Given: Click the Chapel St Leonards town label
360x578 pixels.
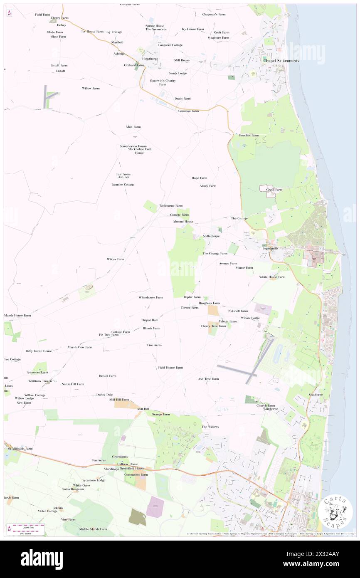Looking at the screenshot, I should (x=281, y=61).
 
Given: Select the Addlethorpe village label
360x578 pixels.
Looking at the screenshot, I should (x=211, y=236).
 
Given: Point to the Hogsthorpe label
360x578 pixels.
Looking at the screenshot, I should (x=150, y=59).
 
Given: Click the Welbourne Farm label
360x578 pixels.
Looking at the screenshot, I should (x=171, y=205).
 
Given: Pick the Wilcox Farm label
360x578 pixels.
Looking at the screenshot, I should (x=116, y=259).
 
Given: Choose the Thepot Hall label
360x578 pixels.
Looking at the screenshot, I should (x=149, y=320).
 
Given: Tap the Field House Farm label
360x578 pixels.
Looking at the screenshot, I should (x=170, y=368).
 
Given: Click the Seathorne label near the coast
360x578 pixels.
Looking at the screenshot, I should (x=316, y=394).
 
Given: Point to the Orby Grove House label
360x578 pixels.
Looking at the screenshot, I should (x=39, y=351).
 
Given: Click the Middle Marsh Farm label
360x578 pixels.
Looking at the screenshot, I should (x=93, y=529).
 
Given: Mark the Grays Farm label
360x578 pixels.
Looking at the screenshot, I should (x=274, y=190).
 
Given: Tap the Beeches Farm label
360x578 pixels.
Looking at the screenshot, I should (x=249, y=135).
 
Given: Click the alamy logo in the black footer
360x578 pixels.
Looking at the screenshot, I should (x=42, y=559).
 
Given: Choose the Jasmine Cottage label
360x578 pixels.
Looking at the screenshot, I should (x=123, y=184).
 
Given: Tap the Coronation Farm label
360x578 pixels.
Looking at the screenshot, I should (x=138, y=474).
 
